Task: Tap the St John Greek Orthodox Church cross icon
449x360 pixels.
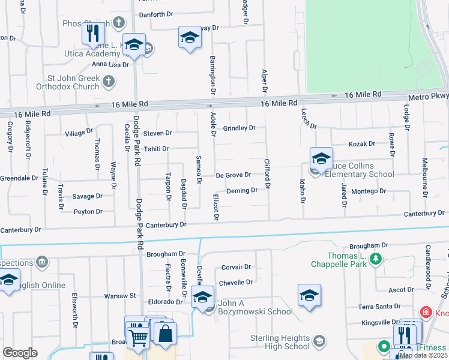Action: point(108,80)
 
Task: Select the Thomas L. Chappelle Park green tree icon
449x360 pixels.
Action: point(376,259)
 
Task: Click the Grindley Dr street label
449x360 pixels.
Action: point(239,128)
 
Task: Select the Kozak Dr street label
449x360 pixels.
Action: point(362,144)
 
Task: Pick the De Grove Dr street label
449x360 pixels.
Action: point(233,175)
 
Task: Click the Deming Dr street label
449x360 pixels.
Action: point(242,191)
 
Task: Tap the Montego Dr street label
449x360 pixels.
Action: point(368,191)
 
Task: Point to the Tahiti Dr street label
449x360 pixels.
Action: point(155,149)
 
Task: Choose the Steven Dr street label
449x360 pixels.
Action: point(157,133)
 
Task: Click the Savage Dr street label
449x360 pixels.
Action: point(88,196)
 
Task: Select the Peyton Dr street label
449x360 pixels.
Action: point(88,212)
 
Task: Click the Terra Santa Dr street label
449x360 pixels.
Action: point(379,307)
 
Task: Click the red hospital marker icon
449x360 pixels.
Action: point(426,312)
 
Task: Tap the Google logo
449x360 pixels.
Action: point(20,353)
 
